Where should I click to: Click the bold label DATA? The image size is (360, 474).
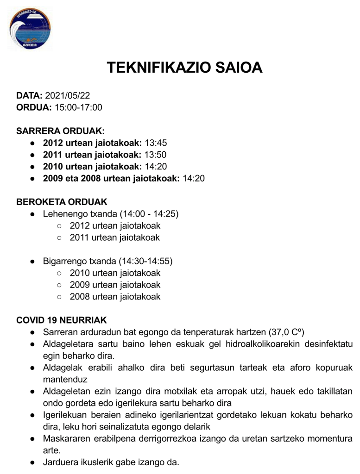pos(30,96)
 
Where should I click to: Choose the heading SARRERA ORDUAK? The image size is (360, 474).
pos(60,131)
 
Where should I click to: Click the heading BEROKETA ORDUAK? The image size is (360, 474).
pos(62,202)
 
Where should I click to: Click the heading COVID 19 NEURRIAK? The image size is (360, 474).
pos(62,320)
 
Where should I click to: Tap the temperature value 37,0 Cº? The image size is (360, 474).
pos(287,332)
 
